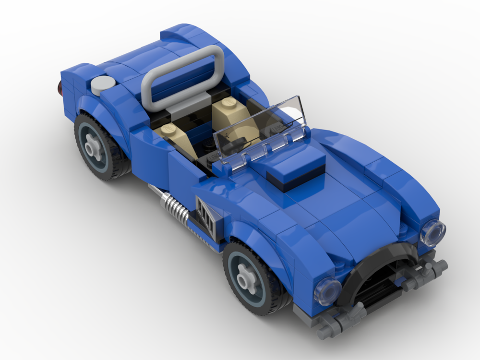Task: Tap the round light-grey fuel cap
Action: tap(103, 84)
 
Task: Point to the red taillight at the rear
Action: tap(60, 87)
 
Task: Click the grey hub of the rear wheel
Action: tap(94, 147)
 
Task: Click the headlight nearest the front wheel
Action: tap(327, 291)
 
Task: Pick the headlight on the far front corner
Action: tap(433, 233)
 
